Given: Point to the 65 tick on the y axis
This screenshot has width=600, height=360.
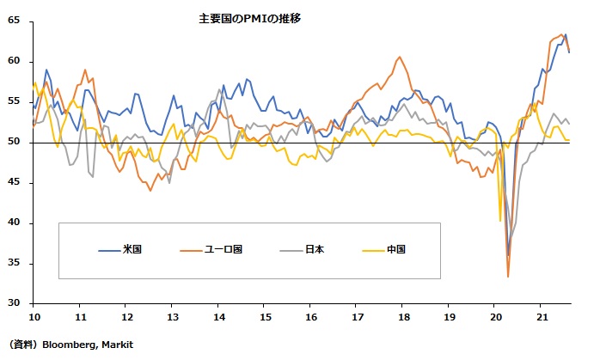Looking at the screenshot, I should click(15, 21).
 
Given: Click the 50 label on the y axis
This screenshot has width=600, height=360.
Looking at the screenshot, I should click(15, 142).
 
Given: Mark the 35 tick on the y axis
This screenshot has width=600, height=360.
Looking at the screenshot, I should click(15, 263).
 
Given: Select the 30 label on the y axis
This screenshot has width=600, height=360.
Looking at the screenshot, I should click(15, 303).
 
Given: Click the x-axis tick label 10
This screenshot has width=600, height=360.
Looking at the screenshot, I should click(33, 317).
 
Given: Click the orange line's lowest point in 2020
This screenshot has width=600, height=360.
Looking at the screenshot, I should click(508, 277).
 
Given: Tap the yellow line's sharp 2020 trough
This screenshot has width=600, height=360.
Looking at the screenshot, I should click(500, 221).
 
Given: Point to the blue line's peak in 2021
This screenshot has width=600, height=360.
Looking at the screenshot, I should click(565, 34).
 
